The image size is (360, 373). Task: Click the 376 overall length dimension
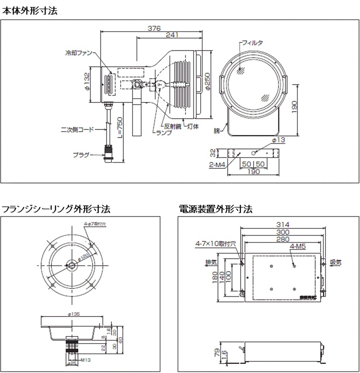coord(154,28)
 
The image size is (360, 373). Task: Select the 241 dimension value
coord(172,35)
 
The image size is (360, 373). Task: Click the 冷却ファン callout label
coord(78,53)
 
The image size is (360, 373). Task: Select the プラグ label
coord(81,155)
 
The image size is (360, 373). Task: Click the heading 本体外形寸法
coord(30,11)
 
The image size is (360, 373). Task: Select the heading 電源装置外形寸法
coord(216,208)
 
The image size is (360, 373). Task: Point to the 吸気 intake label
coord(336,262)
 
